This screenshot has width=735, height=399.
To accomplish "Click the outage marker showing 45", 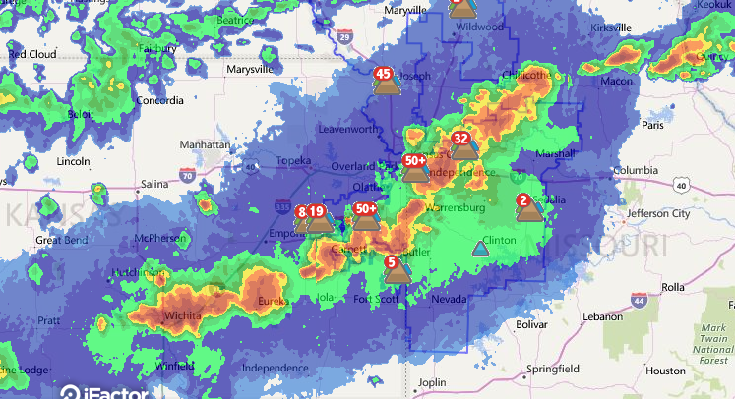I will (386, 83).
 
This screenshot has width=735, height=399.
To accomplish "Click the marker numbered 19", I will (318, 218).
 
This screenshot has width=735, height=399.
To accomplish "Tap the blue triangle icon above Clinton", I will (480, 249).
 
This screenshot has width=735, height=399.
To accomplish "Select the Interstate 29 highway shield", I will (343, 37).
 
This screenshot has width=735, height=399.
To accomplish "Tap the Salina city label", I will (154, 184).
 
